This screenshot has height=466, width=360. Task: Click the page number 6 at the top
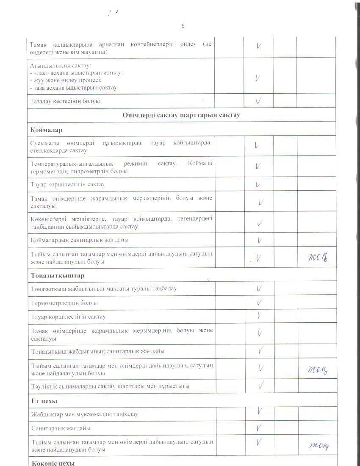(x=183, y=26)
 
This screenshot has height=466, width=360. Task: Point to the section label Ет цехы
(x=44, y=401)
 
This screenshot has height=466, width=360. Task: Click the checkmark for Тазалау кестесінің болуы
(x=258, y=101)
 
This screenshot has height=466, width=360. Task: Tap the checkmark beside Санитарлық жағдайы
(x=259, y=428)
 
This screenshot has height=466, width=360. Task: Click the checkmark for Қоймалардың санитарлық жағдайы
(x=259, y=240)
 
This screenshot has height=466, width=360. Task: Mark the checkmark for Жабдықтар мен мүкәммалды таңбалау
(x=259, y=412)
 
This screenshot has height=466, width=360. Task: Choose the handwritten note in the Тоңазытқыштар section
(x=317, y=370)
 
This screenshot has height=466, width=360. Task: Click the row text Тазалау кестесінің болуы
(x=65, y=102)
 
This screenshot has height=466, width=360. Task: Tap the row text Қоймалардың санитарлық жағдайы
(x=80, y=240)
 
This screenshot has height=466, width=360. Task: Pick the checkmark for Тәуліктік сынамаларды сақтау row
(x=261, y=386)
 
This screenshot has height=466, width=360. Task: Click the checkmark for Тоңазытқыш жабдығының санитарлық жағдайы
(x=260, y=351)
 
